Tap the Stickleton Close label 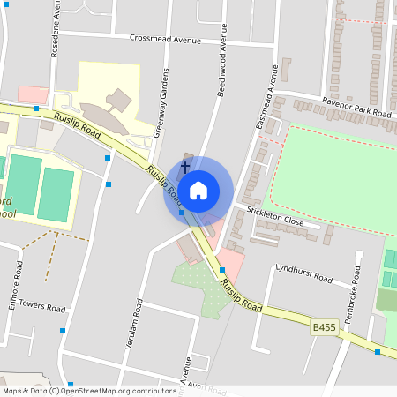(282, 216)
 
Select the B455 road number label (325, 326)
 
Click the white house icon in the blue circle (198, 191)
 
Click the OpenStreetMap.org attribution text (88, 390)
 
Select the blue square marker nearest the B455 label (378, 352)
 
